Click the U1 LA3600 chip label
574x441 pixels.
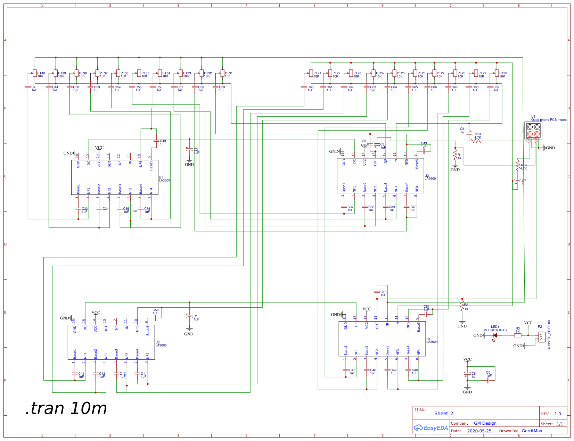pyautogui.click(x=164, y=179)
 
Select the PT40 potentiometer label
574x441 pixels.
pyautogui.click(x=41, y=75)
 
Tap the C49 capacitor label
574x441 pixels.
pyautogui.click(x=163, y=142)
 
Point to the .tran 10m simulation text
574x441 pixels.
pyautogui.click(x=66, y=408)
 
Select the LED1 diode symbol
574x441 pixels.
pyautogui.click(x=495, y=335)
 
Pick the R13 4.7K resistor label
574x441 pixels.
pyautogui.click(x=478, y=135)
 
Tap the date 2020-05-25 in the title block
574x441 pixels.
pyautogui.click(x=479, y=431)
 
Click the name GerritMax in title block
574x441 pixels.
pyautogui.click(x=532, y=431)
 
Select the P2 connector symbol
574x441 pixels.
pyautogui.click(x=542, y=337)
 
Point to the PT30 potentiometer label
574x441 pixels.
pyautogui.click(x=503, y=75)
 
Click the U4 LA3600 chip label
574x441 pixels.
pyautogui.click(x=432, y=340)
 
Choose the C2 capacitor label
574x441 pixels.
pyautogui.click(x=196, y=151)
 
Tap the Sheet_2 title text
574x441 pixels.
pyautogui.click(x=444, y=414)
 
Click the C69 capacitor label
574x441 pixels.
pyautogui.click(x=496, y=89)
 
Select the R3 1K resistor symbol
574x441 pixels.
pyautogui.click(x=518, y=335)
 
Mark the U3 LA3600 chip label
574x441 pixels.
pyautogui.click(x=161, y=344)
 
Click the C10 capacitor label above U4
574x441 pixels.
pyautogui.click(x=383, y=293)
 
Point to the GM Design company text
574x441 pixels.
pyautogui.click(x=485, y=423)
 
